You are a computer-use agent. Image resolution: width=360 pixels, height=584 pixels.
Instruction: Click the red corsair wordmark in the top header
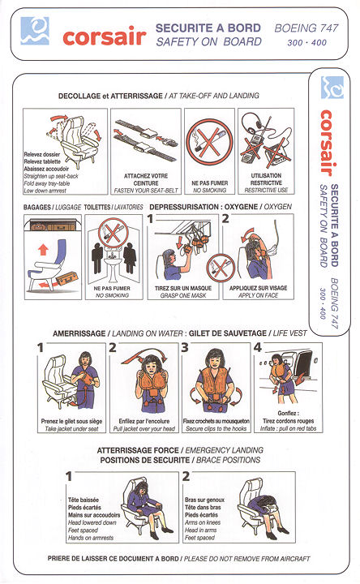click(105, 36)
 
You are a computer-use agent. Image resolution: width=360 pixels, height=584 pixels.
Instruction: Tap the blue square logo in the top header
click(35, 31)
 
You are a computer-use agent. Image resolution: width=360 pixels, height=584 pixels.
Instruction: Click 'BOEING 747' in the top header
click(306, 28)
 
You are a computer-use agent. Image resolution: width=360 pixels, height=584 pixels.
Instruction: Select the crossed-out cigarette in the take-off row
click(209, 141)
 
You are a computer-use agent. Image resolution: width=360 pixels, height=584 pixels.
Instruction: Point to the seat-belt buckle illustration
click(146, 140)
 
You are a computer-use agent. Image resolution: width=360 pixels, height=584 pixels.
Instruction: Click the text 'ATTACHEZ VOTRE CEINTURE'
click(146, 179)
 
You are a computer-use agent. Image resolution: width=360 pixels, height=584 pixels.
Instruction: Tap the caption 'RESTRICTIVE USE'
click(266, 191)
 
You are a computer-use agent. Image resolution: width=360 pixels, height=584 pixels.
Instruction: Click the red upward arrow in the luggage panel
click(44, 249)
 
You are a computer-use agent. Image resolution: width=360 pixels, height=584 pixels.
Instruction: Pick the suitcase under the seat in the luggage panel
click(67, 278)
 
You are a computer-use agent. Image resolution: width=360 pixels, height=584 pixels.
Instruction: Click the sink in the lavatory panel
click(113, 264)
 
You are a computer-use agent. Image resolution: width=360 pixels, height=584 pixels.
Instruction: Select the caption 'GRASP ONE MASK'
click(183, 296)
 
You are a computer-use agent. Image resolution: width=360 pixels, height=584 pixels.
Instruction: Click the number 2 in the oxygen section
click(225, 219)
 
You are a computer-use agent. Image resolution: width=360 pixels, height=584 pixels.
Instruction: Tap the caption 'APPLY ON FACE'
click(259, 296)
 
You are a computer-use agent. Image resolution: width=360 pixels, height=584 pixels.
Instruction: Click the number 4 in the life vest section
click(258, 347)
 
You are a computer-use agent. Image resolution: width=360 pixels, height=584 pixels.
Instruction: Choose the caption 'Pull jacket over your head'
click(144, 429)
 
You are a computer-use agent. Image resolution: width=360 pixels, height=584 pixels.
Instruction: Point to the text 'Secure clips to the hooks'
click(216, 429)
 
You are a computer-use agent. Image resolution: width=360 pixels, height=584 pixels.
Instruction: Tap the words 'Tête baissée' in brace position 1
click(84, 500)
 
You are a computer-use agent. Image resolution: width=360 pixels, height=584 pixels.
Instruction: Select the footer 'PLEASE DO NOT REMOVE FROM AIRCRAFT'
click(247, 559)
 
